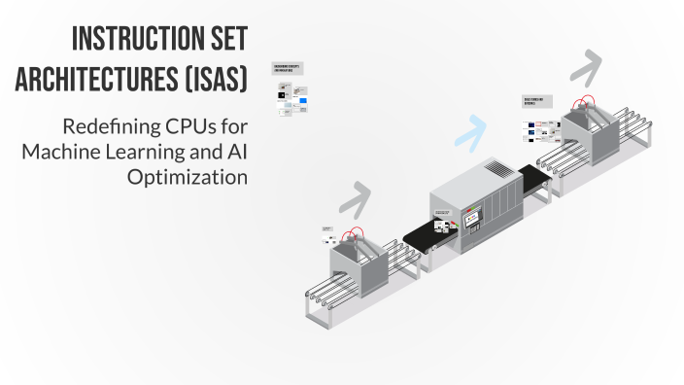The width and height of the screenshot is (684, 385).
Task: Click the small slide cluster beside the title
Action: (x=292, y=91)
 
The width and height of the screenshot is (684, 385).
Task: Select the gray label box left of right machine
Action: (x=536, y=100)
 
